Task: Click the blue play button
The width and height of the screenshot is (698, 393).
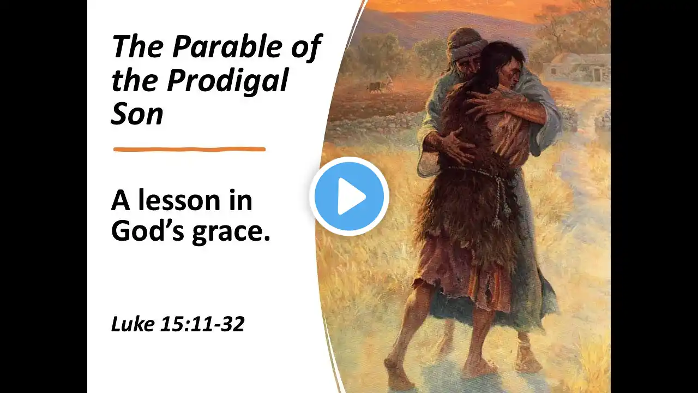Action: point(350,196)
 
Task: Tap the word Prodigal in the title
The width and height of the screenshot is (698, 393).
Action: point(227,81)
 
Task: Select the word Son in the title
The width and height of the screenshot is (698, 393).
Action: point(137,114)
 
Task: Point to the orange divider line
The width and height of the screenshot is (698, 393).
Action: point(189,150)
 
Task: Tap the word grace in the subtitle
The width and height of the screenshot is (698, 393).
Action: point(231,233)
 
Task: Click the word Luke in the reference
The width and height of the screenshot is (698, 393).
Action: point(133,324)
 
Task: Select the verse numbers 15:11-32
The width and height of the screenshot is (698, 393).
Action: point(202,324)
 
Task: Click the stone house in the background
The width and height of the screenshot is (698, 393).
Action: point(576,68)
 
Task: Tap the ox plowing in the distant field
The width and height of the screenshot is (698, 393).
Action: point(376,87)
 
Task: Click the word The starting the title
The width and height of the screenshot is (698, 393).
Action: point(139,46)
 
